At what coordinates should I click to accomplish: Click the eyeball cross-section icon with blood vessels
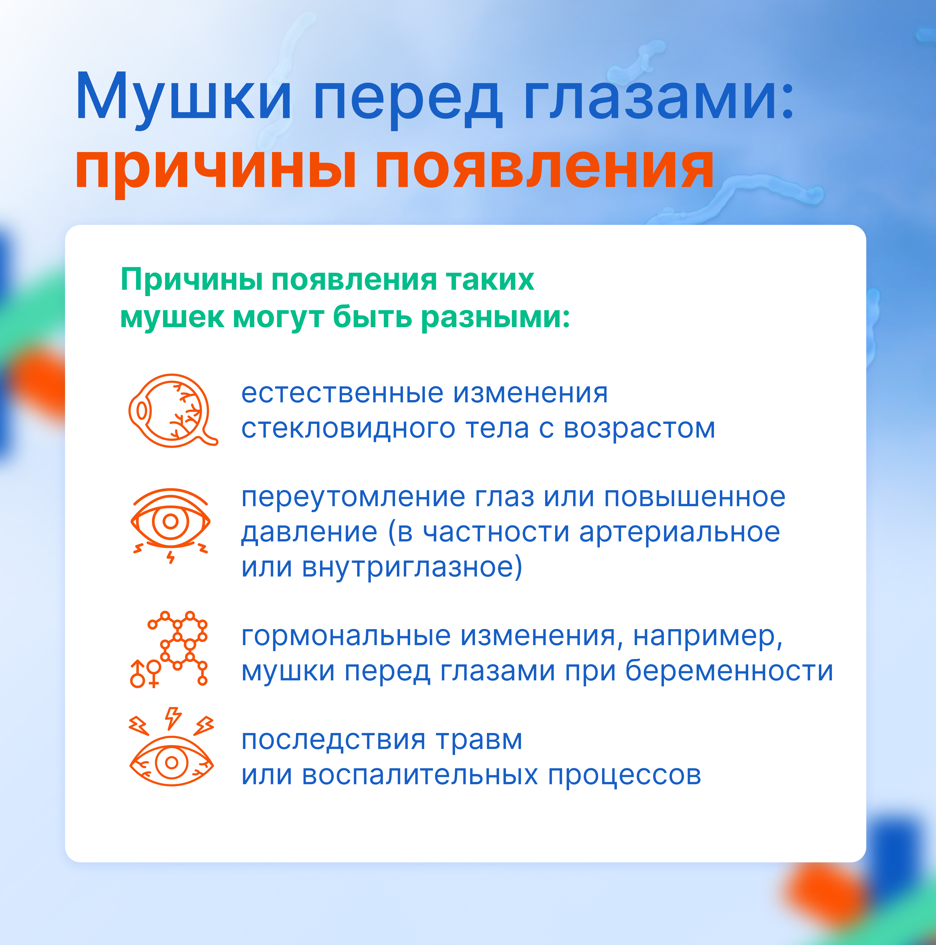[x=173, y=411]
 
